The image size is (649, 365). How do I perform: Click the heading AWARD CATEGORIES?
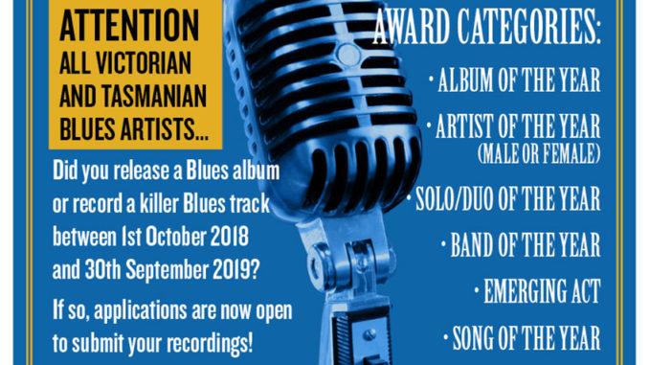click(x=486, y=33)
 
